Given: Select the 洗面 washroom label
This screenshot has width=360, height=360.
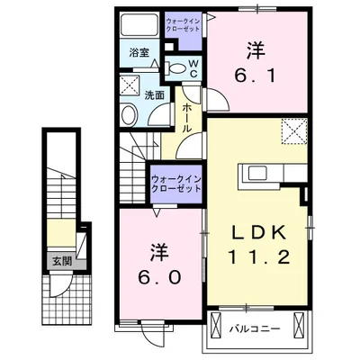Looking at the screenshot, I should coord(153,94).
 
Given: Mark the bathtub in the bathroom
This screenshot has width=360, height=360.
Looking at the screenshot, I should coord(139,27).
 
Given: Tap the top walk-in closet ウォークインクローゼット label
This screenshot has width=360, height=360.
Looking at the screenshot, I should coord(184,23).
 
